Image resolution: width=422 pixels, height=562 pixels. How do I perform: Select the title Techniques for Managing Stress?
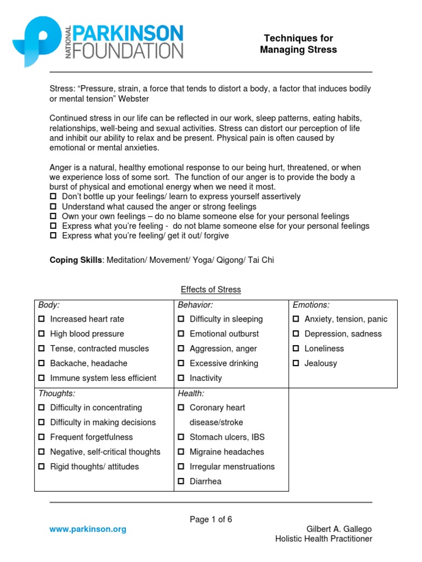point(298,44)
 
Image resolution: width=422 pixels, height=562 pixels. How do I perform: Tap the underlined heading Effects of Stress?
point(211,290)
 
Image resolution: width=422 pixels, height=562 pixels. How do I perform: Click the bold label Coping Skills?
point(76,260)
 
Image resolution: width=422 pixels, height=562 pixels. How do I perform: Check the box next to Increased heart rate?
point(42,319)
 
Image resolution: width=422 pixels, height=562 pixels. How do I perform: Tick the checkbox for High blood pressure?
point(42,334)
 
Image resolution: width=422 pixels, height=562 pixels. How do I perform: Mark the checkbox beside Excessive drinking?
point(181,363)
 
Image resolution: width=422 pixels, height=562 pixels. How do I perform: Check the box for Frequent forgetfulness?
point(42,437)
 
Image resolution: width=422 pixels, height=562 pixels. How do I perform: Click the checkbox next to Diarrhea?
point(181,482)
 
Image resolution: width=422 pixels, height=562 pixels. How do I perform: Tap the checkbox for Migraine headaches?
point(181,452)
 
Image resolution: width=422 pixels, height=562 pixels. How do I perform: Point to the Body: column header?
point(49,305)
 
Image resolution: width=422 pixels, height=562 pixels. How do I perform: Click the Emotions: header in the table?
point(311,305)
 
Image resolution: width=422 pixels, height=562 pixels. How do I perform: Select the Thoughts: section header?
point(57,394)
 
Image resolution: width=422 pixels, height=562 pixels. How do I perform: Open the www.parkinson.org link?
point(88,529)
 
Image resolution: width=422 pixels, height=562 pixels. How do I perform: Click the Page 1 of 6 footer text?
point(211,520)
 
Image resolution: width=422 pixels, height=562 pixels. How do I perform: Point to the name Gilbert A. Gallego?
point(338,529)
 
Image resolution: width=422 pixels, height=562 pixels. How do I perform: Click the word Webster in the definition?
point(131,99)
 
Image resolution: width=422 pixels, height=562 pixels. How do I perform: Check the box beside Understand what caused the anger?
point(53,206)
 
